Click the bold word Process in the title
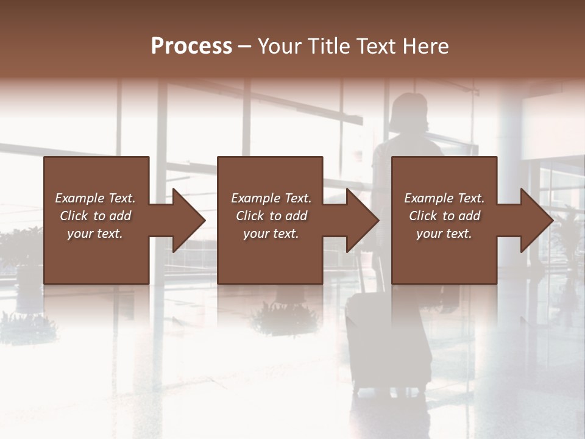[191, 46]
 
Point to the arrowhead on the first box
[186, 220]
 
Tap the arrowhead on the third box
[535, 220]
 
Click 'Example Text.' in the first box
[95, 198]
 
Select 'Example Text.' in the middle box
[271, 198]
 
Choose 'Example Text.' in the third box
[444, 198]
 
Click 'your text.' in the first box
[95, 234]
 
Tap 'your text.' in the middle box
[271, 234]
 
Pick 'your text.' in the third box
[444, 234]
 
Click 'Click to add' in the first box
[95, 216]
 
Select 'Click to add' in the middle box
[271, 216]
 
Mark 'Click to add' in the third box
[444, 216]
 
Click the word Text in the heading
[379, 46]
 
